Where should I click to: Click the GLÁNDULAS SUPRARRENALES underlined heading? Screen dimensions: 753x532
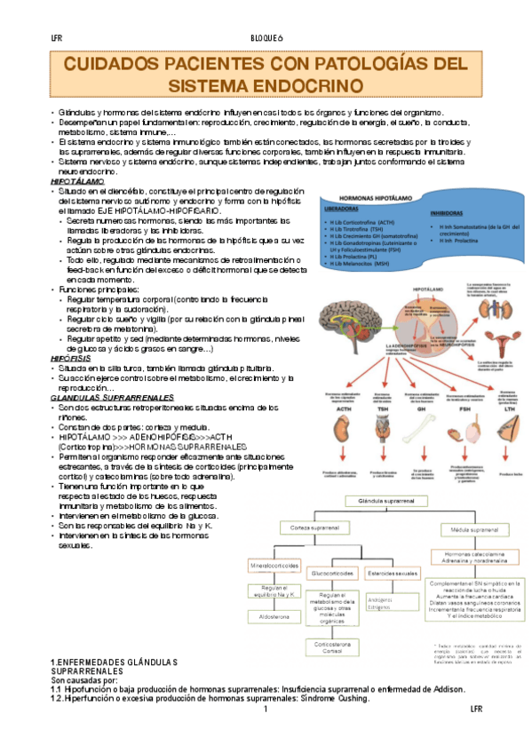click(x=105, y=396)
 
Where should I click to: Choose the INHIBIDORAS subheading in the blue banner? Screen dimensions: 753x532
click(x=446, y=214)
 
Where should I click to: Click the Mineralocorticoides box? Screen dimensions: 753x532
click(x=274, y=564)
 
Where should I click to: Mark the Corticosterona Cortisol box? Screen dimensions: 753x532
click(x=333, y=647)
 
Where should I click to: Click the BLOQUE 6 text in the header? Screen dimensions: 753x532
click(x=266, y=38)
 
